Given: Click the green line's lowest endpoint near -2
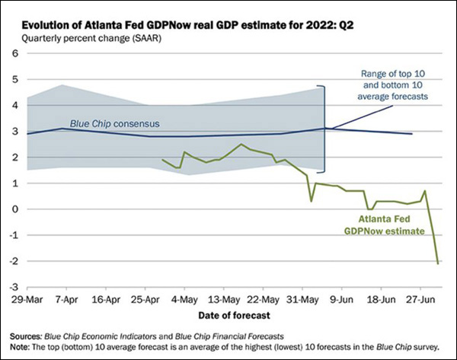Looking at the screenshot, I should [x=438, y=263].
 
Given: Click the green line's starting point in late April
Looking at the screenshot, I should [x=163, y=160].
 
